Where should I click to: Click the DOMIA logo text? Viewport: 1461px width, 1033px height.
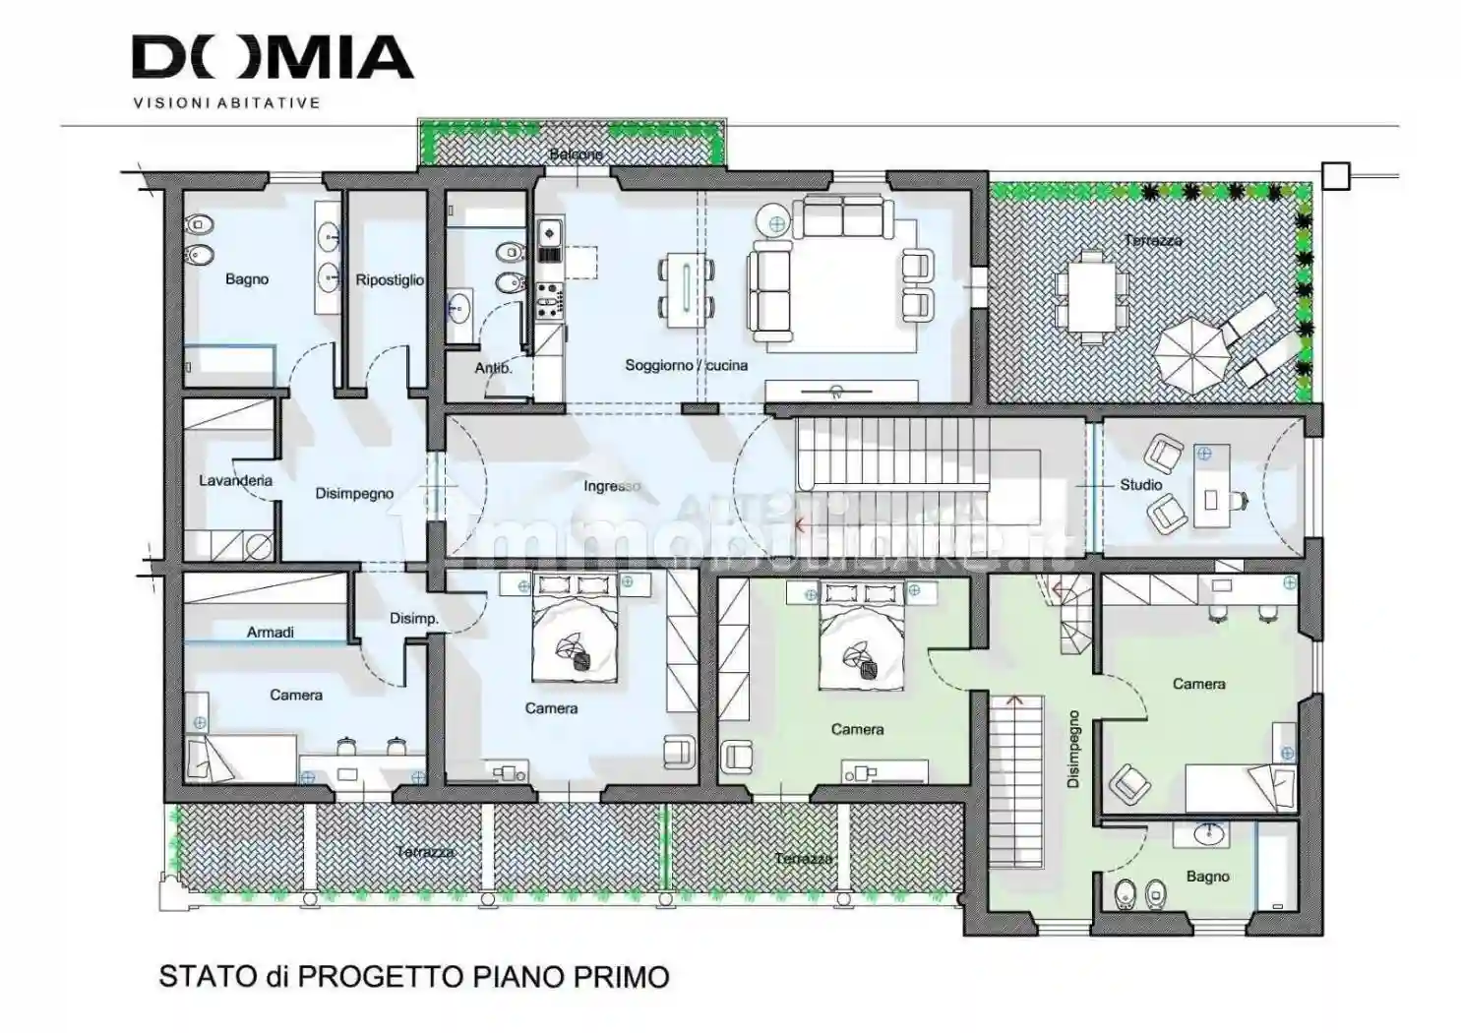pyautogui.click(x=273, y=58)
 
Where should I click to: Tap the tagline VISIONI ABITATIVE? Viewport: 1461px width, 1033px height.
pyautogui.click(x=226, y=102)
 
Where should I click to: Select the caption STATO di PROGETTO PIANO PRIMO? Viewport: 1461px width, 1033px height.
pyautogui.click(x=414, y=977)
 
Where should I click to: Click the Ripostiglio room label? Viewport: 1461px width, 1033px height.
pyautogui.click(x=390, y=280)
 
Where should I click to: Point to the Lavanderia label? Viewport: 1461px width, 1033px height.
pyautogui.click(x=235, y=481)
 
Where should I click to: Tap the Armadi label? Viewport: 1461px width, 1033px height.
pyautogui.click(x=270, y=633)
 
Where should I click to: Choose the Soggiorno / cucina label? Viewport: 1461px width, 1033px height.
pyautogui.click(x=686, y=365)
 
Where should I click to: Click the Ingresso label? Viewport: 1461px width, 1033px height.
pyautogui.click(x=611, y=486)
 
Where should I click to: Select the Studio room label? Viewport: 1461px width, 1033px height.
pyautogui.click(x=1140, y=485)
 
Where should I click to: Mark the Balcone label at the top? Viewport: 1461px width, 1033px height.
pyautogui.click(x=576, y=154)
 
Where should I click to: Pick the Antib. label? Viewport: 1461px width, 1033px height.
pyautogui.click(x=493, y=368)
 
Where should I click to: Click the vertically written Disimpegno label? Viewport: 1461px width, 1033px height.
pyautogui.click(x=1073, y=750)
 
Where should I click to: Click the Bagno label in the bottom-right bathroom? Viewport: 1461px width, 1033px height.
pyautogui.click(x=1207, y=877)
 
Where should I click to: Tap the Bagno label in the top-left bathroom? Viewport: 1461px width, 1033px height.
pyautogui.click(x=246, y=279)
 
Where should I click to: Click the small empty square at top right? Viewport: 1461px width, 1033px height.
pyautogui.click(x=1335, y=175)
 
